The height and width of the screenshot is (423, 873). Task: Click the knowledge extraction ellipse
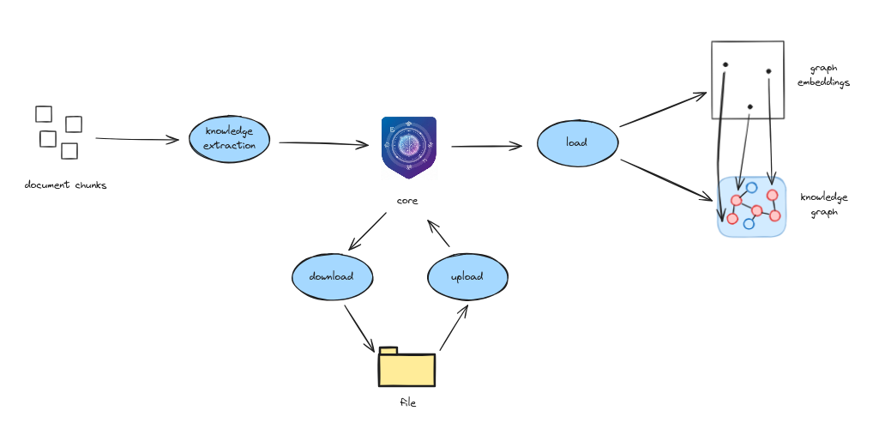tap(229, 139)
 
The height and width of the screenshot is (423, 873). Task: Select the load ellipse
tap(577, 142)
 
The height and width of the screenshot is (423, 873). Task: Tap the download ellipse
tap(332, 277)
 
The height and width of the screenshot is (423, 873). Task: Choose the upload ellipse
tap(467, 277)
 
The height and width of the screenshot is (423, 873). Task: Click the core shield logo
tap(409, 147)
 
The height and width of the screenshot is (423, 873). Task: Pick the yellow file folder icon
tap(406, 367)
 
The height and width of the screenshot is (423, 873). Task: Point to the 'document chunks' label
tap(66, 185)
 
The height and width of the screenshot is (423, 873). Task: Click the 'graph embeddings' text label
tap(823, 76)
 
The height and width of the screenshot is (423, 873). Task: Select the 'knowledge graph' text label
tap(823, 204)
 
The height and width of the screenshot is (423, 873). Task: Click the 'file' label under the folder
tap(408, 402)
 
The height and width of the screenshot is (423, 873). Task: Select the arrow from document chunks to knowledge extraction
tap(137, 138)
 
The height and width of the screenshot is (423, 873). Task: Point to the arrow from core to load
tap(486, 146)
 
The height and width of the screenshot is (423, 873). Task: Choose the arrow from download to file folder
tap(359, 328)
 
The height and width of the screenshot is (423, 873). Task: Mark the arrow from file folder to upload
tap(454, 327)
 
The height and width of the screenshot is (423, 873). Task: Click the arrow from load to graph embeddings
tap(662, 110)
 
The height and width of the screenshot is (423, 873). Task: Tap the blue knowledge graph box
tap(752, 207)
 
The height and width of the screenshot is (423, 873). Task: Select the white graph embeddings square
tap(747, 80)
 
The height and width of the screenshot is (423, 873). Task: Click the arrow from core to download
tap(367, 232)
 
